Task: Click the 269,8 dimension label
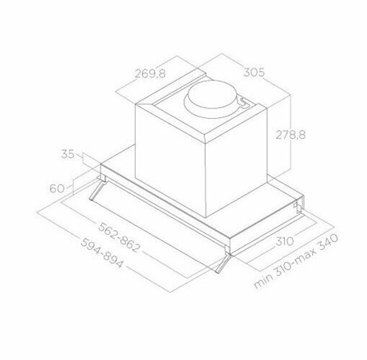click(150, 73)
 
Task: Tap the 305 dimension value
click(254, 72)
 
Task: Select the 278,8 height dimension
click(290, 135)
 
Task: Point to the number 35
click(68, 154)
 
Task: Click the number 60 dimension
click(57, 188)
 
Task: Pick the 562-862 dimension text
click(119, 237)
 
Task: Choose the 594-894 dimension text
click(102, 253)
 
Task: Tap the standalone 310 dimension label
click(285, 241)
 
